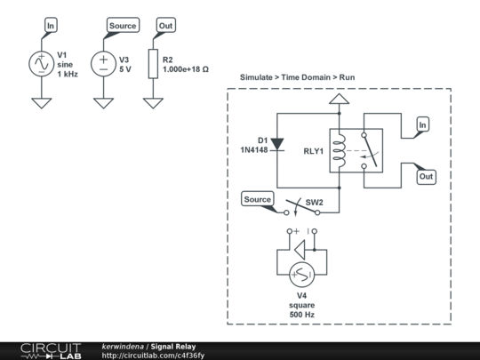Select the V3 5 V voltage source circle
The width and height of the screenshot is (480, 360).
click(103, 63)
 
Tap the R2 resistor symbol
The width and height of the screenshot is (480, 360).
click(153, 63)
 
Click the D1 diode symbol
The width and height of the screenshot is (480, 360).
click(276, 143)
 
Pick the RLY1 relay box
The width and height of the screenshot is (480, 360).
click(356, 150)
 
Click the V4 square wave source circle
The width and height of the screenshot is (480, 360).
click(303, 274)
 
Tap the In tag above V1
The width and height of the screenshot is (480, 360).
click(51, 26)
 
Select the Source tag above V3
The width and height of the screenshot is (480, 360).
click(122, 26)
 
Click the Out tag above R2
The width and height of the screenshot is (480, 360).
click(164, 26)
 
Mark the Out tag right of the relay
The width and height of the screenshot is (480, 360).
click(426, 177)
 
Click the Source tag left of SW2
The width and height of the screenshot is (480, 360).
click(257, 199)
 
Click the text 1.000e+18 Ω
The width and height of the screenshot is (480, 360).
click(186, 68)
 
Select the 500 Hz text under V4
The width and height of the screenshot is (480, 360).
click(302, 315)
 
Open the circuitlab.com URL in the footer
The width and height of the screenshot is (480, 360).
click(153, 355)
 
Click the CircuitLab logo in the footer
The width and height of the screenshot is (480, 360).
click(51, 350)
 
